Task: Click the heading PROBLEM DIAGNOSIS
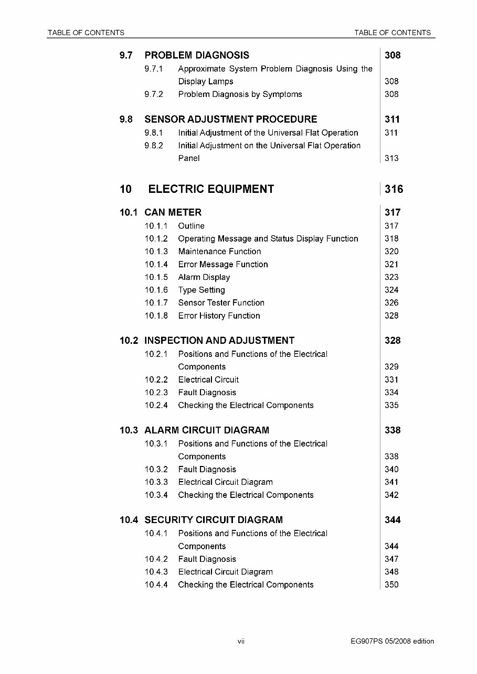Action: (197, 56)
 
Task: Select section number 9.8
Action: (126, 119)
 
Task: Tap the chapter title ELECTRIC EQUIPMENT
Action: (211, 189)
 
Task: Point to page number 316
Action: (394, 189)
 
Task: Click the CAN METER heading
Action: (173, 213)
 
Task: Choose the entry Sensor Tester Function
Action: (221, 303)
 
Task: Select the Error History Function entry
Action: (219, 316)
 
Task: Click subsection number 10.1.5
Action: (156, 277)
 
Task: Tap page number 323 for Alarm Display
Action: (391, 277)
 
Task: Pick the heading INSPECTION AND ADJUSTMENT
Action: (219, 341)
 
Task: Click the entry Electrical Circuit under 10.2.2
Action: (208, 380)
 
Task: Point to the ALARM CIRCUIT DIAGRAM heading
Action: (207, 430)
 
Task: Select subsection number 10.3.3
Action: (156, 482)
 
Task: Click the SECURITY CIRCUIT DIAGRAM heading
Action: (214, 520)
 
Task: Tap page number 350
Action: (391, 585)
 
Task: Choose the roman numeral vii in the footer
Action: (241, 641)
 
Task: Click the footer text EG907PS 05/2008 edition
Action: (393, 641)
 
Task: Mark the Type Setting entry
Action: (202, 290)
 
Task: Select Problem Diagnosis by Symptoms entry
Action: (240, 94)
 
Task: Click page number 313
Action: (391, 158)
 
